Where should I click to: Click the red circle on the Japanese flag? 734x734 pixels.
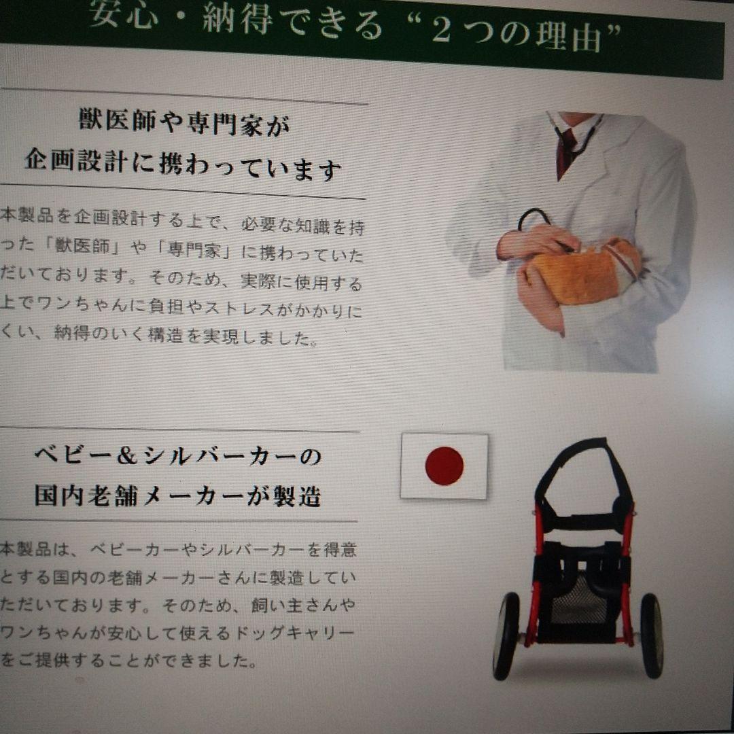[444, 466]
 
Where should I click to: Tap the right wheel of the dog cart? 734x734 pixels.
[652, 635]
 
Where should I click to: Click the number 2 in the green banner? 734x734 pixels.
[441, 31]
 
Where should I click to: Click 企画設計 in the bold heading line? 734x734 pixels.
[74, 163]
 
